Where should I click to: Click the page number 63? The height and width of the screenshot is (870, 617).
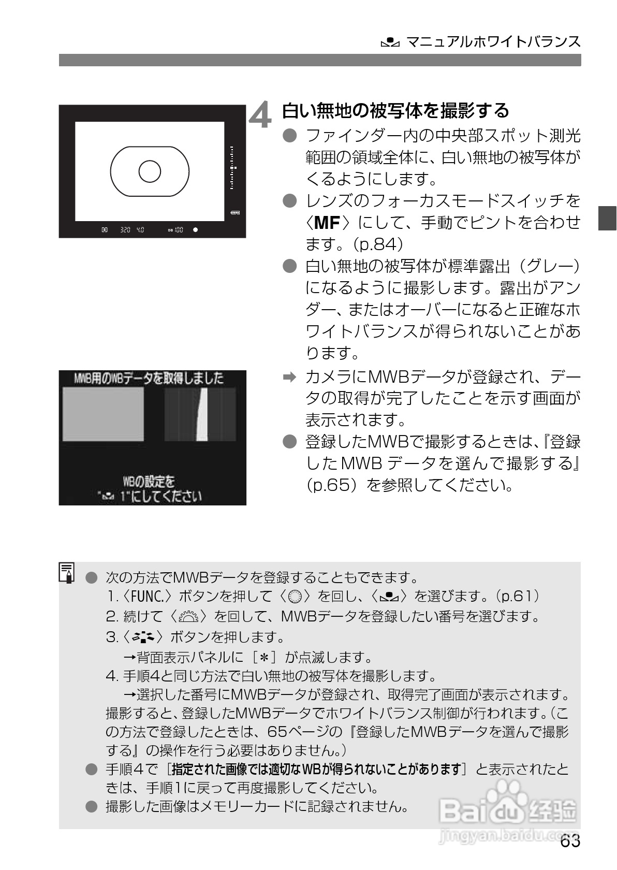click(x=570, y=841)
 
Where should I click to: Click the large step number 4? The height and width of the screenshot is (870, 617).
click(x=260, y=115)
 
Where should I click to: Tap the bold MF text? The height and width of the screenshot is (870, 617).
click(x=326, y=222)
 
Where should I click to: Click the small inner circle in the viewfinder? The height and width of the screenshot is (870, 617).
click(x=150, y=171)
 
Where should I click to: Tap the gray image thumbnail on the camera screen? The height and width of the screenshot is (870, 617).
click(x=103, y=414)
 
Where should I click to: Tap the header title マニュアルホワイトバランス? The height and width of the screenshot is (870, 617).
click(x=493, y=41)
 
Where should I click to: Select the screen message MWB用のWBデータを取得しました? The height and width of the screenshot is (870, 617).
click(x=149, y=378)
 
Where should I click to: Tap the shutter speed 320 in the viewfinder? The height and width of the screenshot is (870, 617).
click(x=125, y=229)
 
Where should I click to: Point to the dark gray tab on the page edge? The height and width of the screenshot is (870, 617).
click(x=607, y=218)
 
